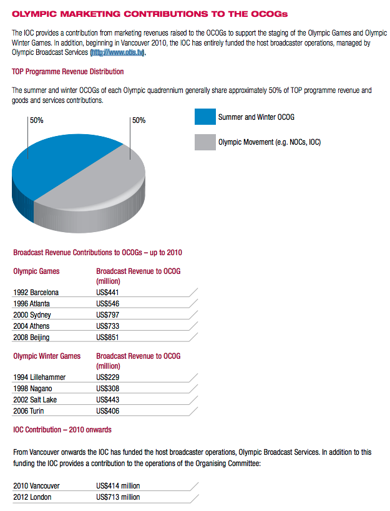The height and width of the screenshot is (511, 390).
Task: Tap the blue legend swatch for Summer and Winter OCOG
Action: click(205, 117)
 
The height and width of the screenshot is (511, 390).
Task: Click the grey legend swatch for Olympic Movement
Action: click(205, 142)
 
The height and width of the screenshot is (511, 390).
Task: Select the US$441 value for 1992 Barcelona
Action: click(108, 292)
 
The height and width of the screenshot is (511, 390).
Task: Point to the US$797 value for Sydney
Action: click(108, 314)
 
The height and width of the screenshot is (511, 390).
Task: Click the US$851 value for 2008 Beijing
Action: click(108, 337)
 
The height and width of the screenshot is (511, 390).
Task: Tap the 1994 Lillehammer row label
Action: click(39, 377)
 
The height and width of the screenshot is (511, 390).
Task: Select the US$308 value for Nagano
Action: click(108, 388)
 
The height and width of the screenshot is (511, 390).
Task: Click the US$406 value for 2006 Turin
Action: click(108, 411)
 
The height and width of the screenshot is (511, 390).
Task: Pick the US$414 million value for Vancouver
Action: click(118, 485)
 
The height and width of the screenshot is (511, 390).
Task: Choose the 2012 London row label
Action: click(32, 497)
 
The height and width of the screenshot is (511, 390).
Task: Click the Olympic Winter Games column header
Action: click(47, 356)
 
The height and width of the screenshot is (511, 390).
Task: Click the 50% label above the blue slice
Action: click(36, 120)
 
